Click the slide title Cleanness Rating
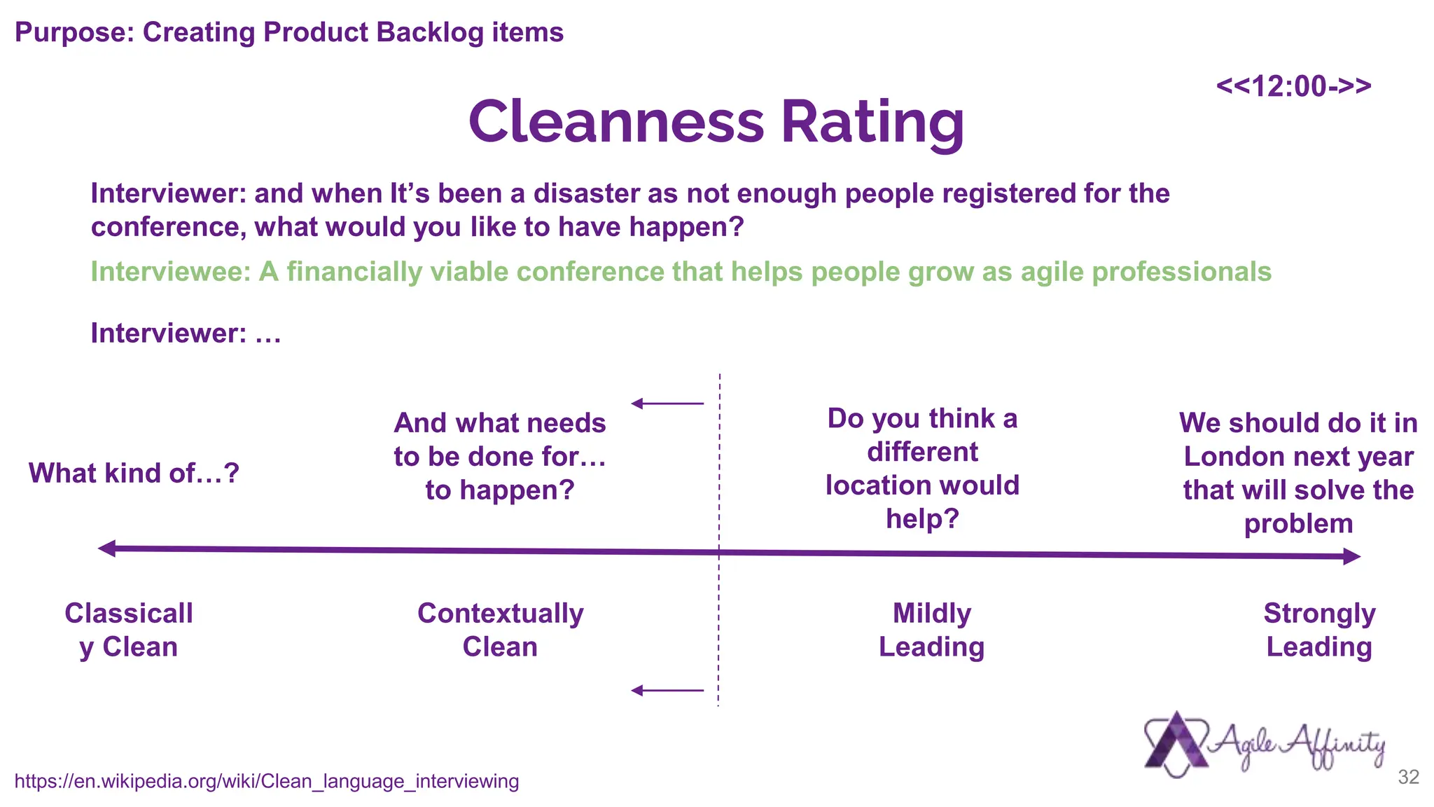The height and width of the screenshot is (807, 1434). tap(716, 122)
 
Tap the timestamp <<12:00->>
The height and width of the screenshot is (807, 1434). tap(1293, 86)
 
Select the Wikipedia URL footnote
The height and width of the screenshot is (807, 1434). tap(266, 781)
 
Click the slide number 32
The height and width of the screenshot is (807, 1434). tap(1408, 777)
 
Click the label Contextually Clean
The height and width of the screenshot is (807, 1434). tap(500, 630)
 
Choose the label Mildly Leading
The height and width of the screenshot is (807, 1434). tap(931, 630)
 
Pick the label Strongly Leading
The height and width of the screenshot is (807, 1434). tap(1319, 630)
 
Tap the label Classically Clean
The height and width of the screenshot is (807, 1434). tap(128, 630)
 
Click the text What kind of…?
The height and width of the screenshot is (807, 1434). tap(134, 474)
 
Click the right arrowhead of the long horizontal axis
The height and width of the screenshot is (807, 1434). tap(1351, 557)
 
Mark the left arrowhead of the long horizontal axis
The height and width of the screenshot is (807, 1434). tap(107, 549)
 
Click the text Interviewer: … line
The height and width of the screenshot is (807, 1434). tap(186, 333)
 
